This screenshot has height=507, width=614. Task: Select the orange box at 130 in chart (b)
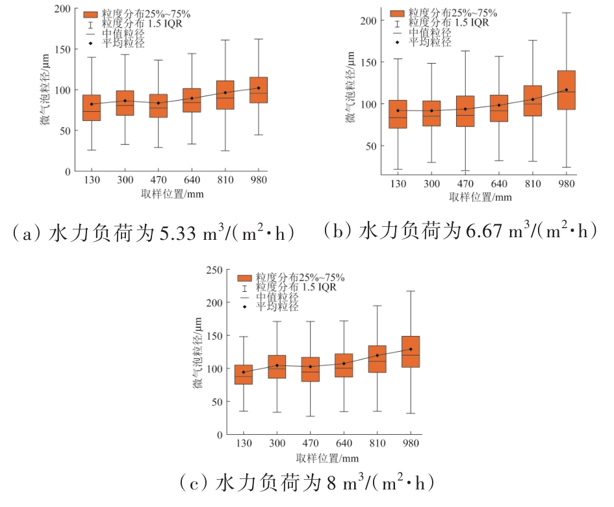(398, 114)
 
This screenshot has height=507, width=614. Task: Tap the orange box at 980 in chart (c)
(411, 352)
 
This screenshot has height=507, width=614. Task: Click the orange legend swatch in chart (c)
(244, 278)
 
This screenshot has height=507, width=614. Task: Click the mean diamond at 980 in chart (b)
(566, 90)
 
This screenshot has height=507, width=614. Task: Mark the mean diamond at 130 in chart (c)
(243, 372)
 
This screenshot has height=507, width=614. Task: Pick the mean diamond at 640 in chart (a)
(192, 98)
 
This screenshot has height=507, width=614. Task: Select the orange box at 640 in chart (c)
(344, 365)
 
